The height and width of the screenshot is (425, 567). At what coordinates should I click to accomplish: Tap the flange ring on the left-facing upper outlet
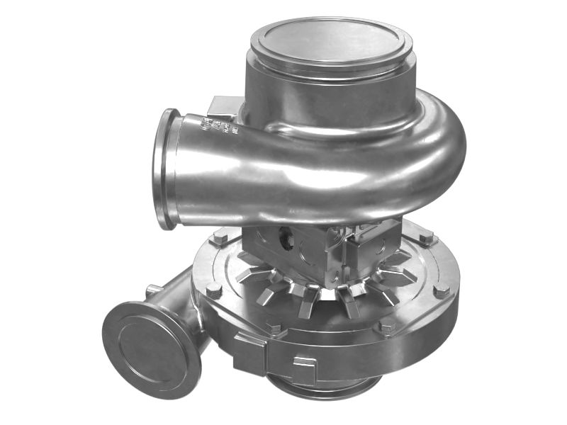pos(165,169)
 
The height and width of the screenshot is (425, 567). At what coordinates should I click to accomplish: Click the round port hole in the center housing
pos(286,240)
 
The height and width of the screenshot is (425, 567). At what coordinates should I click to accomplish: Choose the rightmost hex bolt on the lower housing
pos(441,290)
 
